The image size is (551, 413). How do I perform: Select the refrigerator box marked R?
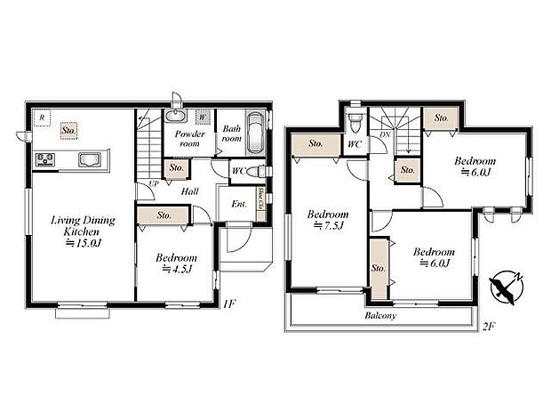[x=40, y=117]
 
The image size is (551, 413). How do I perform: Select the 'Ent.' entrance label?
[x=238, y=204]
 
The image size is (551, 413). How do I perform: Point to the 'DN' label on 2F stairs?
[x=383, y=134]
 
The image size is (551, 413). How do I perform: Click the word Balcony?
[x=380, y=316]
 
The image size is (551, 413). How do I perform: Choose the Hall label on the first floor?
[x=190, y=190]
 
